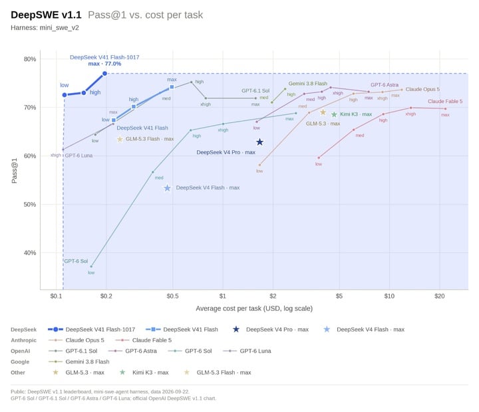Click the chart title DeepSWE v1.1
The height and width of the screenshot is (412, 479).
(46, 15)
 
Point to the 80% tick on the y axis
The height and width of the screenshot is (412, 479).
(30, 59)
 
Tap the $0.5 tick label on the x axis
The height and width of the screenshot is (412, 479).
(172, 296)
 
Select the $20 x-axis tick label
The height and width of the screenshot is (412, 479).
(440, 296)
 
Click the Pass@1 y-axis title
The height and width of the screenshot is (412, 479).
(14, 171)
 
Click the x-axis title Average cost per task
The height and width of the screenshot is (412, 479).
(254, 308)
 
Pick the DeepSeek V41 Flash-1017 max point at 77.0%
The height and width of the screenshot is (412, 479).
(104, 74)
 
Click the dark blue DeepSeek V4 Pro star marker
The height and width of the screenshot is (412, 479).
(259, 142)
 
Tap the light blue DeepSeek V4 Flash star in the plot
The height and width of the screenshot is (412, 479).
(167, 188)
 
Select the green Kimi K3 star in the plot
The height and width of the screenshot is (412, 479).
(334, 114)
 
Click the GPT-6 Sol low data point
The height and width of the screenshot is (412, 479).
(91, 266)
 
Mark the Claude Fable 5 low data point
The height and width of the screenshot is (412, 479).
(319, 157)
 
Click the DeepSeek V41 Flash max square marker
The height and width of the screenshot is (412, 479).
(172, 87)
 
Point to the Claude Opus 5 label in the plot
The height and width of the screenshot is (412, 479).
(422, 89)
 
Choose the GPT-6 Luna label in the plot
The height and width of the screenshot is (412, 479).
(79, 155)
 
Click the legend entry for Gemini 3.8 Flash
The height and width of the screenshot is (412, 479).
(79, 361)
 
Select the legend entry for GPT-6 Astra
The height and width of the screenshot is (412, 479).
(132, 351)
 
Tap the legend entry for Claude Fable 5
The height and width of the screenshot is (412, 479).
(144, 340)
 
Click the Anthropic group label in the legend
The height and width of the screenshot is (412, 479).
(23, 340)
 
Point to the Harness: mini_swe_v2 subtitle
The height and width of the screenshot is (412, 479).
(45, 28)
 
